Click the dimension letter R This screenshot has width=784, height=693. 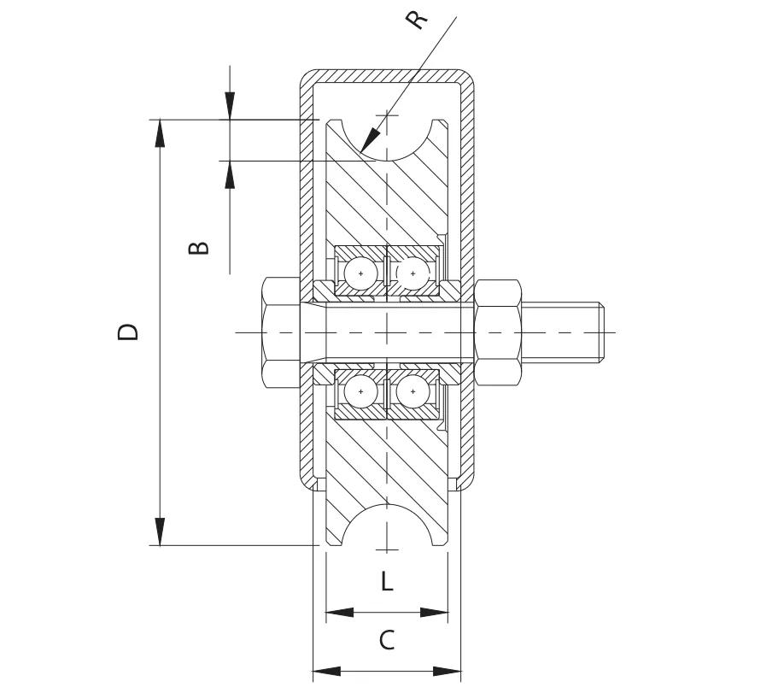(x=417, y=19)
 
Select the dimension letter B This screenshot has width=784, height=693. (x=198, y=247)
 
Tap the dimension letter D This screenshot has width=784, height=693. (x=127, y=332)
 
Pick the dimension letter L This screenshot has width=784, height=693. (x=387, y=581)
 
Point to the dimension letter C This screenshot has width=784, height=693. (x=387, y=640)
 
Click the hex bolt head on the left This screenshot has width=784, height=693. (x=280, y=332)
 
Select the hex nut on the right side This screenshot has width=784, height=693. (x=498, y=332)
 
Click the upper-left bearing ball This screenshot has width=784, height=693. (x=360, y=273)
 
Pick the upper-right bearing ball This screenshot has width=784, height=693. (x=413, y=273)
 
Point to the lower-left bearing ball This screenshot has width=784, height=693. (x=360, y=391)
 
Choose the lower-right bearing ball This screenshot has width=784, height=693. (x=413, y=391)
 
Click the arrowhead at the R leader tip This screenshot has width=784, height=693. (x=368, y=140)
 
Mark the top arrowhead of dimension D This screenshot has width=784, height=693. (x=160, y=133)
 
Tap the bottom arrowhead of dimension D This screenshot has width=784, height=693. (x=160, y=531)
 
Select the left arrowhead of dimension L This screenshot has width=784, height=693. (x=340, y=612)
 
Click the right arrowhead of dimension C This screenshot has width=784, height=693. (x=447, y=671)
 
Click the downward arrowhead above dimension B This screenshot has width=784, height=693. (x=230, y=106)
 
